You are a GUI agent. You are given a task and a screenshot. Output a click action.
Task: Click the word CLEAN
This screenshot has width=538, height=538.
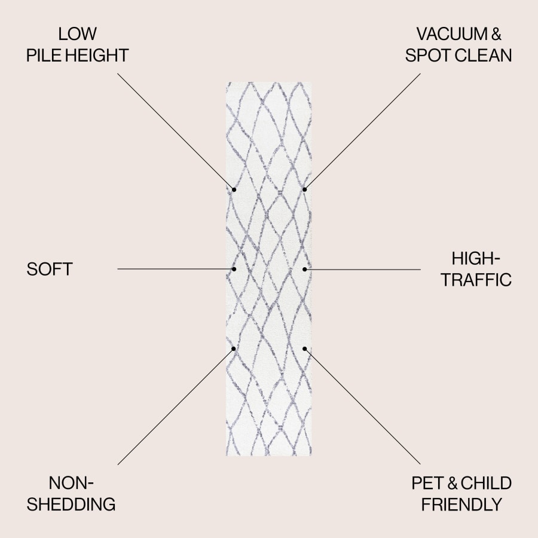[x=484, y=56]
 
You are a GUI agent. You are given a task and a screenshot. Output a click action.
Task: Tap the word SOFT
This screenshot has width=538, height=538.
[x=50, y=269]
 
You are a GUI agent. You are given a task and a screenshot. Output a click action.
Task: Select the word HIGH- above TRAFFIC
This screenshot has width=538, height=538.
[x=475, y=258]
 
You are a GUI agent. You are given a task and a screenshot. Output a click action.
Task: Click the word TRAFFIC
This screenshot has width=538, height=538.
[x=476, y=280]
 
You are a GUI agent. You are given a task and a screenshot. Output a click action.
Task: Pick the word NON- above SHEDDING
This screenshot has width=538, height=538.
[x=72, y=482]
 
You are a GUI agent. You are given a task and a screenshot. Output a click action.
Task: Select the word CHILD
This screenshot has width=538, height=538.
[x=486, y=482]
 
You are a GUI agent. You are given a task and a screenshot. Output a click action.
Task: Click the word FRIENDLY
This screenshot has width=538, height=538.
[x=461, y=504]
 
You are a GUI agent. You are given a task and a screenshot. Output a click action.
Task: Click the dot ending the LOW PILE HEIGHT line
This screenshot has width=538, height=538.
[x=234, y=189]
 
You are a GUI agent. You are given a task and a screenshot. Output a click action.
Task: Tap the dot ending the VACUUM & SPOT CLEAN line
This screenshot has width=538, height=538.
[x=304, y=189]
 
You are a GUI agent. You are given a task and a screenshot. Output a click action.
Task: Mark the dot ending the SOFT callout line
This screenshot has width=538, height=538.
[x=234, y=269]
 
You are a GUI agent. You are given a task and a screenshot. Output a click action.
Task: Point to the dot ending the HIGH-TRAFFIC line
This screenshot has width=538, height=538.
[x=304, y=269]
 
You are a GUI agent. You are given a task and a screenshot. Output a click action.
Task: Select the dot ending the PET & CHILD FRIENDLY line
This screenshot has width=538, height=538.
[x=304, y=349]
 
